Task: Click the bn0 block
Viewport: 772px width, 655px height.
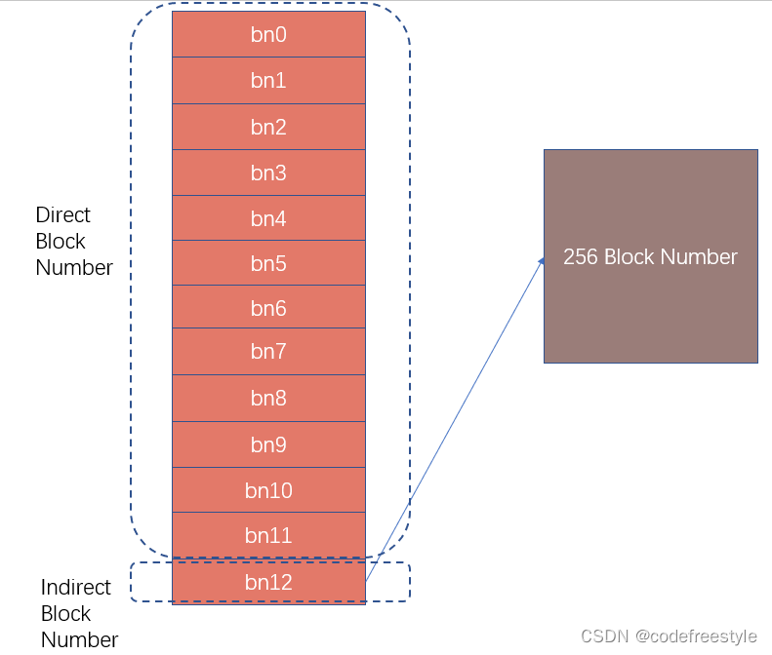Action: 268,35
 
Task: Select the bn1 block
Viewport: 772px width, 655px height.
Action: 268,81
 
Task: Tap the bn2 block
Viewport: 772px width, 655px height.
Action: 268,127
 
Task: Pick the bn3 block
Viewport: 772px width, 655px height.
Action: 268,173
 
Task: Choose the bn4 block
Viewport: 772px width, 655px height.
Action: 268,218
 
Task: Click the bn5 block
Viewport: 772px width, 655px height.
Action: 268,263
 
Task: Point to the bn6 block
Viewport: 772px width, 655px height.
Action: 268,308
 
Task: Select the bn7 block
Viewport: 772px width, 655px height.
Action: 268,352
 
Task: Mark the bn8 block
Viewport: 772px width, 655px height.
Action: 268,398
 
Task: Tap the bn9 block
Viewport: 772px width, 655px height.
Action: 268,444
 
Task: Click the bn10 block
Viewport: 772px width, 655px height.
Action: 268,490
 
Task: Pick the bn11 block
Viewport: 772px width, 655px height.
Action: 268,535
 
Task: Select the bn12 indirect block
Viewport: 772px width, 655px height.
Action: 268,582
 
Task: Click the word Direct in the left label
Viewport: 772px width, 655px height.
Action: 62,214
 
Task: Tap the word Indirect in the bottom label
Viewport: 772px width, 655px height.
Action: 75,588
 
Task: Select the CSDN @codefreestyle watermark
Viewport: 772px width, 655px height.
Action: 669,636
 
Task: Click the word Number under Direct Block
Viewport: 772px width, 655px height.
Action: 74,267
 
